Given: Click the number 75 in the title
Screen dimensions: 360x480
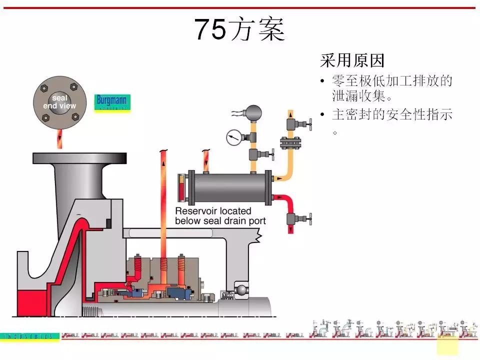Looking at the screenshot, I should point(210,29).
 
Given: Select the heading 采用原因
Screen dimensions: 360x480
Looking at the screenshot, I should point(352,61).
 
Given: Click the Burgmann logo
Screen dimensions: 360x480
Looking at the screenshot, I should point(112,103).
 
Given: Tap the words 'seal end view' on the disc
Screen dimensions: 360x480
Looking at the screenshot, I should point(59,102).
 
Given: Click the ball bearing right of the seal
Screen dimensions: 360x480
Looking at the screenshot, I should point(241,289).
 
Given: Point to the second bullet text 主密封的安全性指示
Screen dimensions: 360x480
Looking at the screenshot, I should point(392,114).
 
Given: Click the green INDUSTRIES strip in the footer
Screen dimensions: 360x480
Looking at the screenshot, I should point(30,337).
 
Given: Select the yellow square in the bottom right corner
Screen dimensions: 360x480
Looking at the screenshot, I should point(447,345).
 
